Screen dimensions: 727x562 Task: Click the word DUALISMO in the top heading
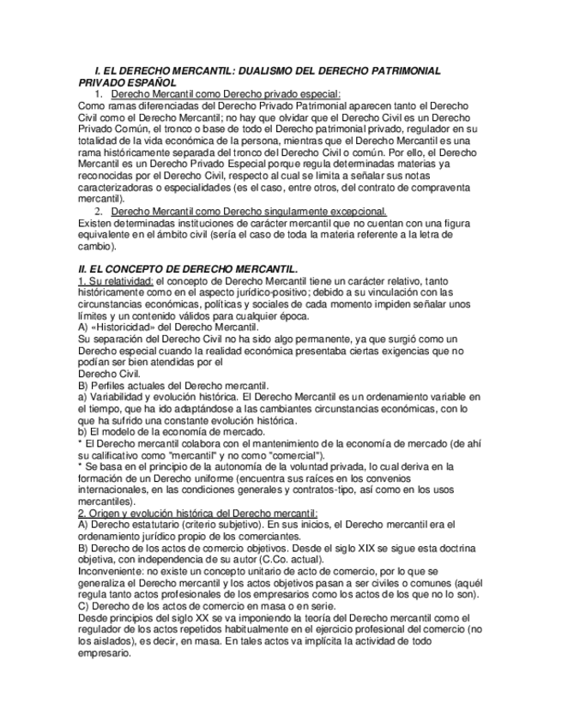click(268, 70)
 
